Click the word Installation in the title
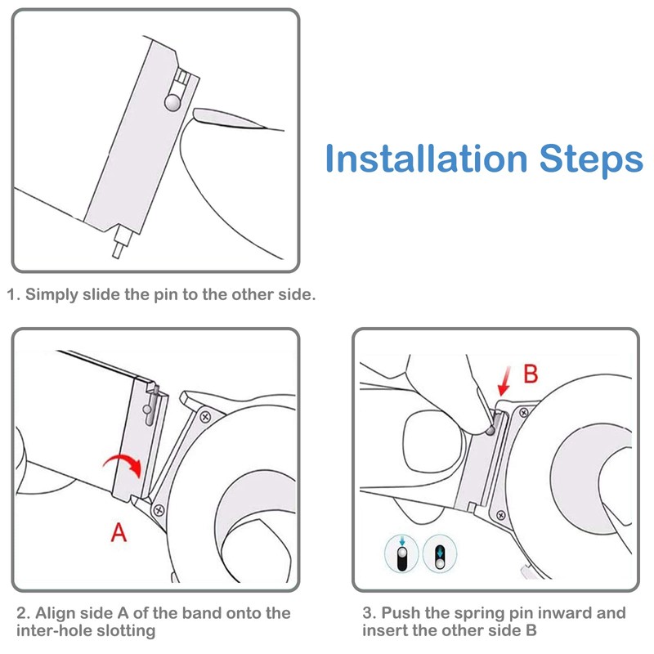pos(427,158)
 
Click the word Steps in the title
pos(591,160)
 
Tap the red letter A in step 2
pos(119,532)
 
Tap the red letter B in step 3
pos(531,374)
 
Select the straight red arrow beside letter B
pos(504,381)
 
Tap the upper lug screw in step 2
pos(205,417)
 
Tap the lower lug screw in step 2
pos(159,509)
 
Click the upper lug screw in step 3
pos(523,413)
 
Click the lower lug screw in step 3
pos(501,515)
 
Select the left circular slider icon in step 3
pos(401,554)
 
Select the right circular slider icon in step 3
pos(440,553)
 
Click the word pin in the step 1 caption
pos(166,295)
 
